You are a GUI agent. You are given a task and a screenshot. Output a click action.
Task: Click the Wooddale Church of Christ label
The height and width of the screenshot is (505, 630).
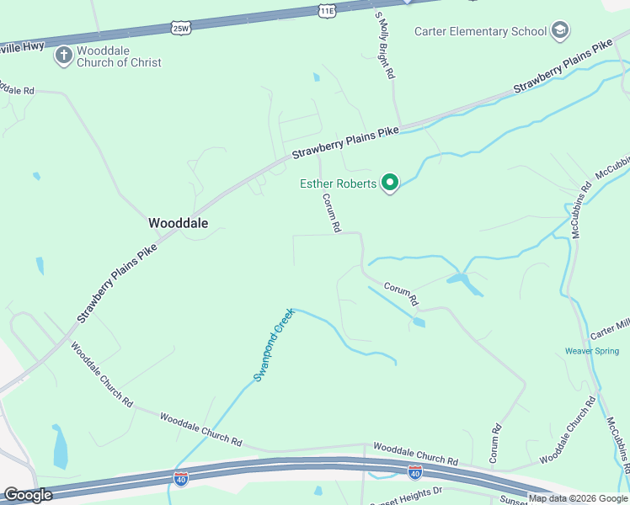click(119, 56)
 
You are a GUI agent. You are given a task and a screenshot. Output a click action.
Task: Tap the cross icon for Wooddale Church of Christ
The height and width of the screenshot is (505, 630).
click(63, 56)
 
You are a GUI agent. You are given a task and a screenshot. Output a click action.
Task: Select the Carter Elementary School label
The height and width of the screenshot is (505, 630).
click(481, 31)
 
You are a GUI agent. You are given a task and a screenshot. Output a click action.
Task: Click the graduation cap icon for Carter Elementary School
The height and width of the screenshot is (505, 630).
click(560, 31)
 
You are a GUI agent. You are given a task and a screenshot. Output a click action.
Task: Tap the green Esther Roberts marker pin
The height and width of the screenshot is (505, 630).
click(389, 182)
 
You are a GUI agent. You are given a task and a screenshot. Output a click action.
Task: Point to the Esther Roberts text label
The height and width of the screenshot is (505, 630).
click(338, 183)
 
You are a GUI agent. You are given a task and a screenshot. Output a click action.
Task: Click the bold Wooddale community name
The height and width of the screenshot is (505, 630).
click(178, 223)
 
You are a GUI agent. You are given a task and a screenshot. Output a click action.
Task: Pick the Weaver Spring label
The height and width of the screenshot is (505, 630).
click(591, 351)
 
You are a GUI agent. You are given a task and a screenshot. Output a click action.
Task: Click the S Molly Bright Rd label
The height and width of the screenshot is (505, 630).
click(385, 46)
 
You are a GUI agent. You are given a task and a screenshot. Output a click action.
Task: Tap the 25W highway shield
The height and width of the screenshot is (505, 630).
click(181, 28)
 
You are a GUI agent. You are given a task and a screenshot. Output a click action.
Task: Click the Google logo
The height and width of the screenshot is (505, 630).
click(28, 495)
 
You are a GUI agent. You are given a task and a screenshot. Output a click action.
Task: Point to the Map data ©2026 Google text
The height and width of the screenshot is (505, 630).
click(579, 498)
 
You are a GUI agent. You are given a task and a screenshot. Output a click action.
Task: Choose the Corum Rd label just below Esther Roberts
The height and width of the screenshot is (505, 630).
click(331, 213)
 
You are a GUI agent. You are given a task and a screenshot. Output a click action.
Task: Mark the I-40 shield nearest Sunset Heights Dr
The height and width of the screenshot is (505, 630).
click(414, 472)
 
